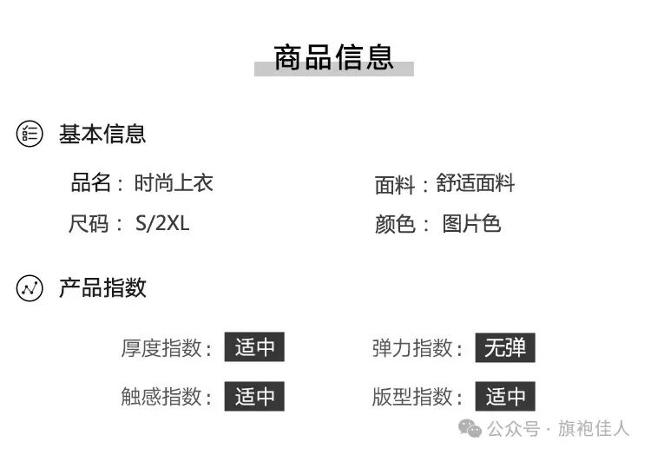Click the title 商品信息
click(x=334, y=57)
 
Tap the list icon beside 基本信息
click(x=30, y=134)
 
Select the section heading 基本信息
click(x=102, y=134)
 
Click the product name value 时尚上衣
click(x=174, y=183)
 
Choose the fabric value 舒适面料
click(x=476, y=184)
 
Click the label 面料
click(x=395, y=185)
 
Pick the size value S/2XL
click(x=162, y=224)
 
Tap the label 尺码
click(x=89, y=224)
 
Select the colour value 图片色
click(x=471, y=224)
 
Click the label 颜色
click(x=395, y=225)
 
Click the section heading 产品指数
click(x=102, y=288)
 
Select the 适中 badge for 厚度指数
click(x=254, y=348)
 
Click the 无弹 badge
click(x=505, y=348)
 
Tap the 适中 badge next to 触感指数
click(x=254, y=398)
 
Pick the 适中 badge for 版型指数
click(x=505, y=398)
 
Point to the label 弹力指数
click(x=413, y=349)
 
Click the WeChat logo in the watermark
click(x=470, y=429)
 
